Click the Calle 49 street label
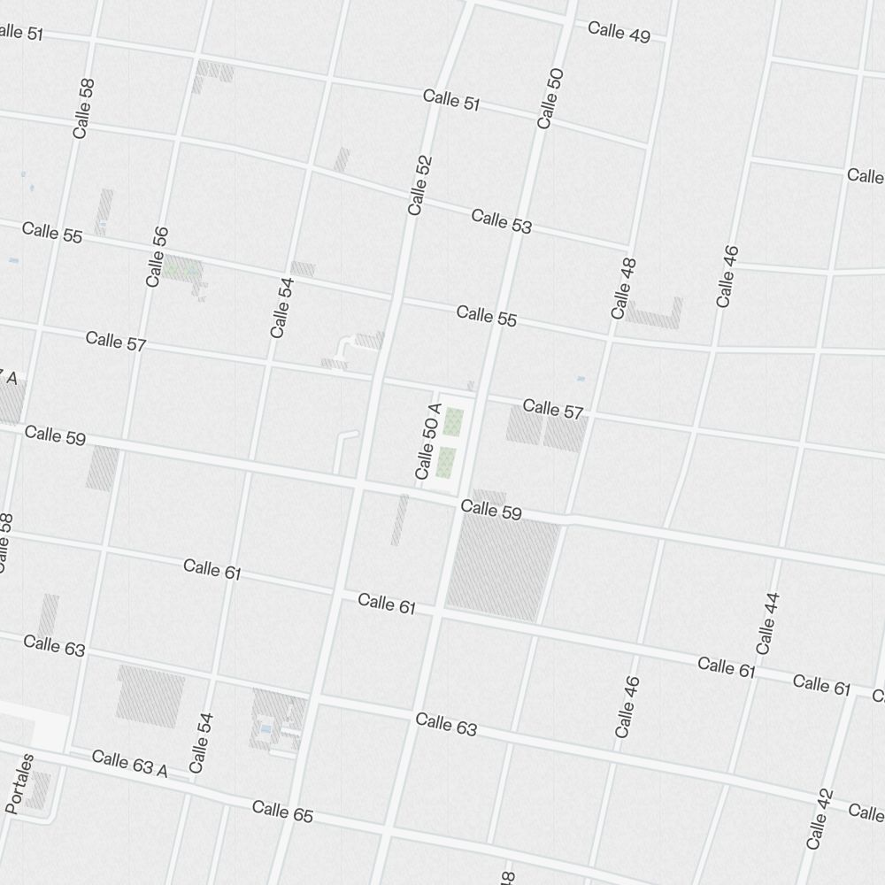[x=619, y=32]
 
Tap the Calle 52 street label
[x=420, y=185]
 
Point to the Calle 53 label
[x=502, y=220]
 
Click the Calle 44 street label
[x=768, y=623]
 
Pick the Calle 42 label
[x=820, y=819]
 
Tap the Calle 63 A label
[x=129, y=763]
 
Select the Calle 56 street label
[x=157, y=256]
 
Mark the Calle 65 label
[x=282, y=811]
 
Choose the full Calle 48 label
[x=624, y=289]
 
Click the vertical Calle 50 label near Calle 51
[x=550, y=98]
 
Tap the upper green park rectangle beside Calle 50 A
[x=453, y=421]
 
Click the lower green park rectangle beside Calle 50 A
[x=447, y=461]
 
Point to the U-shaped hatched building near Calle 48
[x=655, y=316]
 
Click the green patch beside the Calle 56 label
[x=182, y=266]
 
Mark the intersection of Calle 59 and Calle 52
[x=358, y=485]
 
